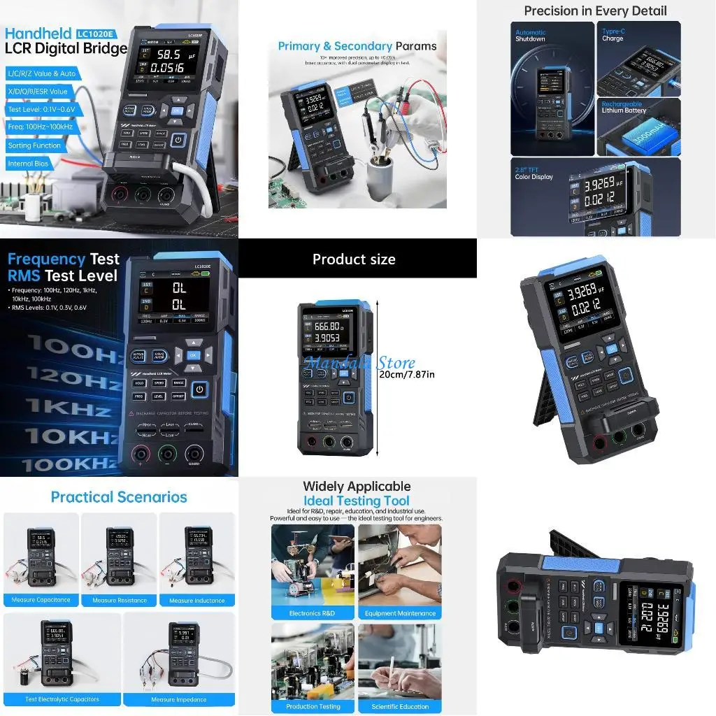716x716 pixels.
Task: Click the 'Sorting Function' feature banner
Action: [35, 145]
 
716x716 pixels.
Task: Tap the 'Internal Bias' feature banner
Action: [29, 164]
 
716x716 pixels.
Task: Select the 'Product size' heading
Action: [354, 259]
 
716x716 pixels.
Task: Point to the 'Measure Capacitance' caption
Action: [41, 600]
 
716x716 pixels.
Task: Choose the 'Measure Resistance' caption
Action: [120, 601]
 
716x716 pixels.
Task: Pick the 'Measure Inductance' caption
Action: [196, 601]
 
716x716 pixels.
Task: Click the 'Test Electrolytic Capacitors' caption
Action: [62, 699]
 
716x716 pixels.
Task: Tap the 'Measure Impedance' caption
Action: [179, 699]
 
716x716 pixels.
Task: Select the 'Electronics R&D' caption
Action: [313, 613]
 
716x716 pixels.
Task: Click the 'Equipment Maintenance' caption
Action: [400, 613]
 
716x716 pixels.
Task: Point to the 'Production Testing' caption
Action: [313, 706]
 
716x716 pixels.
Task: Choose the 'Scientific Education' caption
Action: [400, 706]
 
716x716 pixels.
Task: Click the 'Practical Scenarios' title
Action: [119, 497]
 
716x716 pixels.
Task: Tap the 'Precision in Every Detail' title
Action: [595, 10]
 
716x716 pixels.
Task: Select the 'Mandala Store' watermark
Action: [359, 363]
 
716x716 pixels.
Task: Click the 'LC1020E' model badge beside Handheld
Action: [97, 33]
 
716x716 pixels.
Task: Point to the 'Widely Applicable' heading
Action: [357, 486]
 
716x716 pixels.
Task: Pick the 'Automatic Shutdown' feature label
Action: [531, 36]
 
